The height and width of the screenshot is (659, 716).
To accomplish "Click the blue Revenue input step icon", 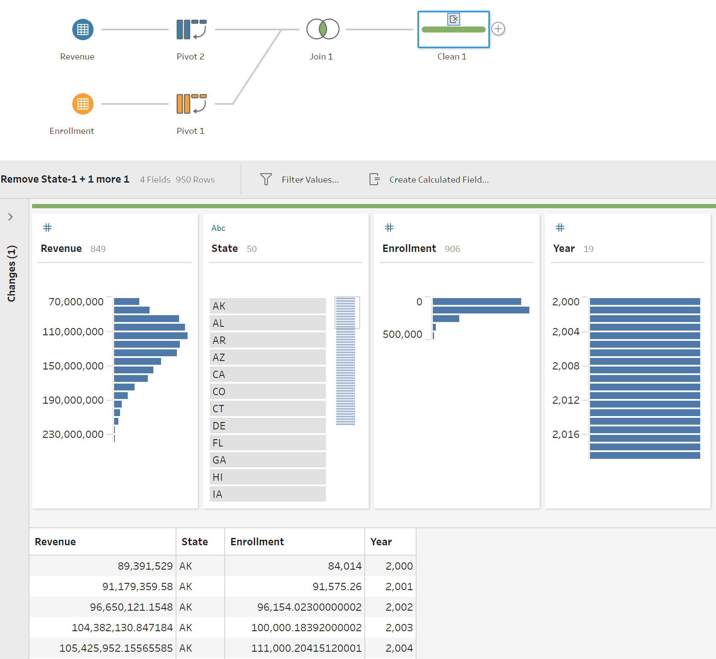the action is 83,30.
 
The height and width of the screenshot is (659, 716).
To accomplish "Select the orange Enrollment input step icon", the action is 83,104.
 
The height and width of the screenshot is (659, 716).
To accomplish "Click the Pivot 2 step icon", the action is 191,30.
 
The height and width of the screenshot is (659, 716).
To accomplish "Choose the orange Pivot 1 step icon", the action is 191,104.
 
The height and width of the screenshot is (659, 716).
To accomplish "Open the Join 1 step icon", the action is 323,29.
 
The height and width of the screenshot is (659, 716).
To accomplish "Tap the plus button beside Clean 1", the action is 498,29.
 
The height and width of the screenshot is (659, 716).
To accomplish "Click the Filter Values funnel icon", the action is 266,179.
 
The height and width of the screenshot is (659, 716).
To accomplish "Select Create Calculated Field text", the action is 439,180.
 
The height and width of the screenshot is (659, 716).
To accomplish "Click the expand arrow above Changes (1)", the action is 11,217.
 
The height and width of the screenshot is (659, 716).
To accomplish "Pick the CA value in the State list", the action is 267,374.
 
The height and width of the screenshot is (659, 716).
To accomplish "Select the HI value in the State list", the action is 267,477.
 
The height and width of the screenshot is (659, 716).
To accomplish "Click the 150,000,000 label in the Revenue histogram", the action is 73,366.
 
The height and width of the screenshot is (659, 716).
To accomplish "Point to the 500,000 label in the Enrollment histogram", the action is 402,334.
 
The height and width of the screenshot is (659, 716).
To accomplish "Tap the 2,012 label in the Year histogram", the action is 566,400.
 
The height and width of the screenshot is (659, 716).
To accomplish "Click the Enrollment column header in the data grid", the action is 257,542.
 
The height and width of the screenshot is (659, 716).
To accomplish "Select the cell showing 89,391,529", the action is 145,566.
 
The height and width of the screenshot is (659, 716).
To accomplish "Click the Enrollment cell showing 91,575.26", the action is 337,587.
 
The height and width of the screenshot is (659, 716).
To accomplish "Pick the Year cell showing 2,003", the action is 399,628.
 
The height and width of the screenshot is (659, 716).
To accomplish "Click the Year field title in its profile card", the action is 564,248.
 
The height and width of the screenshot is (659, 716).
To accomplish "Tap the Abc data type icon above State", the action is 218,228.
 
